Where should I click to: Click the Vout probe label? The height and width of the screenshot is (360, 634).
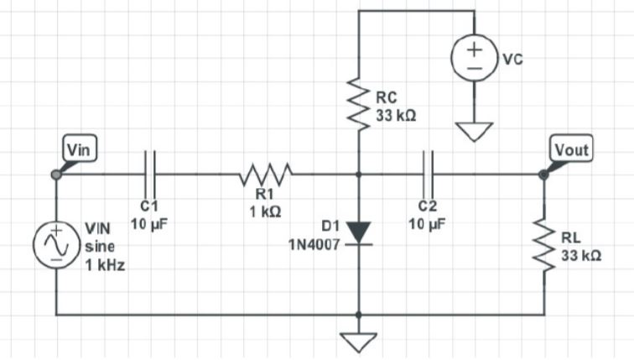pyautogui.click(x=572, y=149)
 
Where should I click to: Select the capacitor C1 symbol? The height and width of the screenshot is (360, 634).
pyautogui.click(x=149, y=174)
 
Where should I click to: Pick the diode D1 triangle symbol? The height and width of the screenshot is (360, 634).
pyautogui.click(x=358, y=232)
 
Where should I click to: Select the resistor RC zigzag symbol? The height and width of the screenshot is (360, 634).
pyautogui.click(x=358, y=107)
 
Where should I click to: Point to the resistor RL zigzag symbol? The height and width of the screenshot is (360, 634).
pyautogui.click(x=543, y=248)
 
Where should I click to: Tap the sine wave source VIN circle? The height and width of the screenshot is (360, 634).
pyautogui.click(x=55, y=243)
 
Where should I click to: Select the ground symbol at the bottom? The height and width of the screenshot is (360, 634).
pyautogui.click(x=358, y=339)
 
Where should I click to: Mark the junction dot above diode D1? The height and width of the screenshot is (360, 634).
pyautogui.click(x=358, y=175)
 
